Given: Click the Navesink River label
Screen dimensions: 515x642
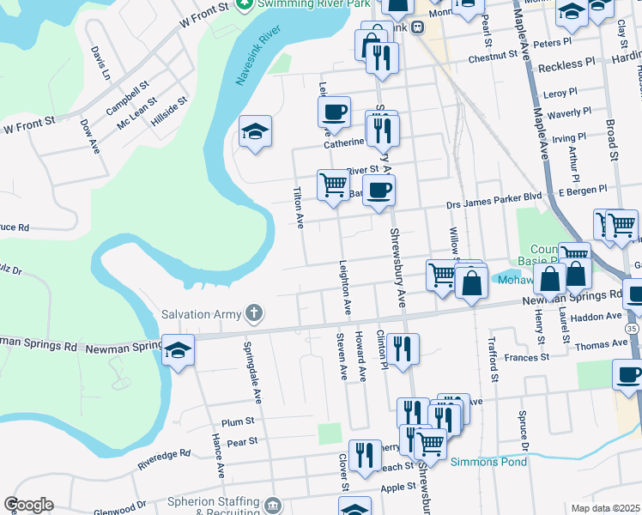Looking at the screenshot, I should coord(259,60).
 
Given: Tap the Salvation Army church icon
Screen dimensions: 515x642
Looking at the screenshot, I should coord(253,313).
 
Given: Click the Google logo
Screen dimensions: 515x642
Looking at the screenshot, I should coord(28,505).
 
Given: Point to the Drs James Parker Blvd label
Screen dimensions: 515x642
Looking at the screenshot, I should coord(494,197).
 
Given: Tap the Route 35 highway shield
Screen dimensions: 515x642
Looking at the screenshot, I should coord(633,328).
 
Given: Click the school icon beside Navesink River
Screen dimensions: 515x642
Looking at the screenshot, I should coord(255,131).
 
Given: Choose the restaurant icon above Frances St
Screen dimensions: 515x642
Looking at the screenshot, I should coord(403,348).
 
